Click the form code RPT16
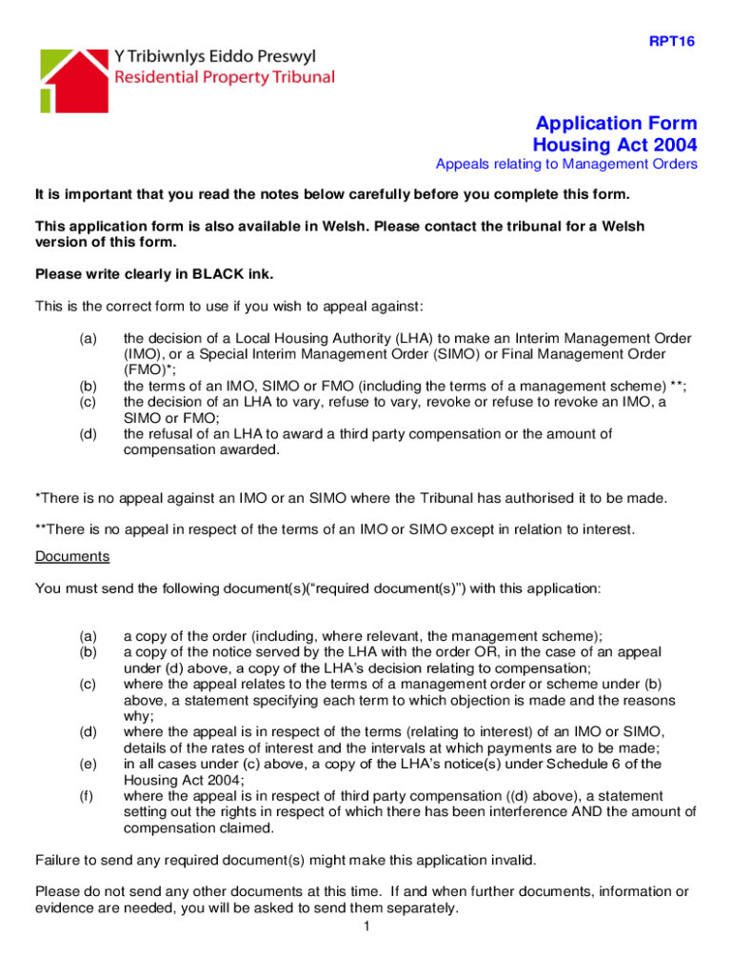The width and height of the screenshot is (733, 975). [672, 41]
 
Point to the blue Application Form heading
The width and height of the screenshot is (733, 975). [616, 124]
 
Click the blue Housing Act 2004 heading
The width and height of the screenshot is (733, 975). [614, 146]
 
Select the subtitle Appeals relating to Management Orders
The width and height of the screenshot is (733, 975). [565, 165]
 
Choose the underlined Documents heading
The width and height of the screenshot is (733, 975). [72, 556]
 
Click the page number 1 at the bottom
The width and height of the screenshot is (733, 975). [366, 927]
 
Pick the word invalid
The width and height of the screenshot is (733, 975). [512, 861]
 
